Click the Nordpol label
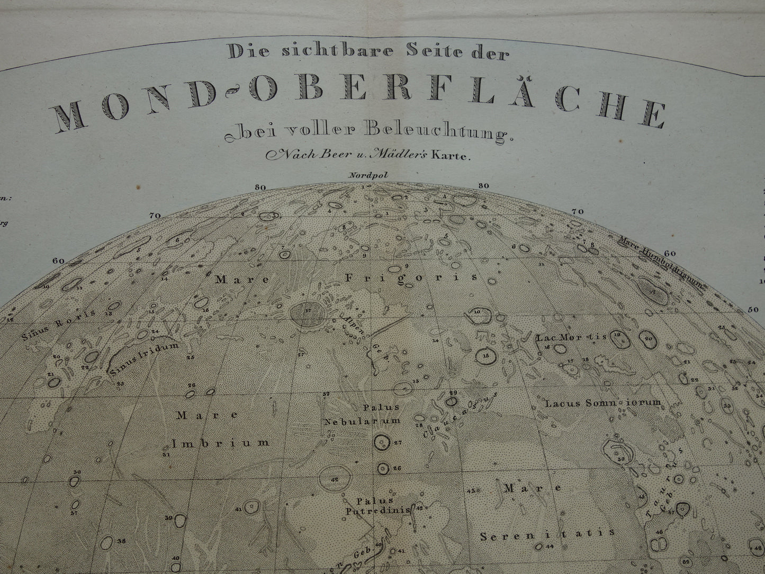point(362,174)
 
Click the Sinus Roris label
point(59,324)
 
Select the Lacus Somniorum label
point(603,402)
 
